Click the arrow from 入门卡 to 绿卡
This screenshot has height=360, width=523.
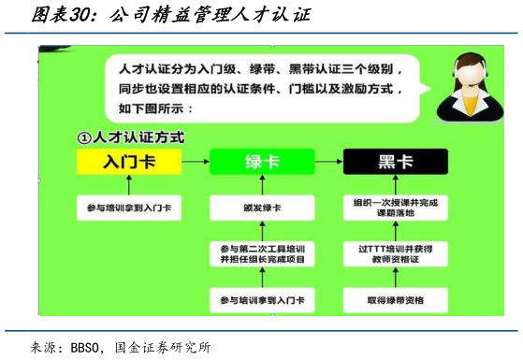point(195,162)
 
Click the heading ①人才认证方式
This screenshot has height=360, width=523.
point(131,137)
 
